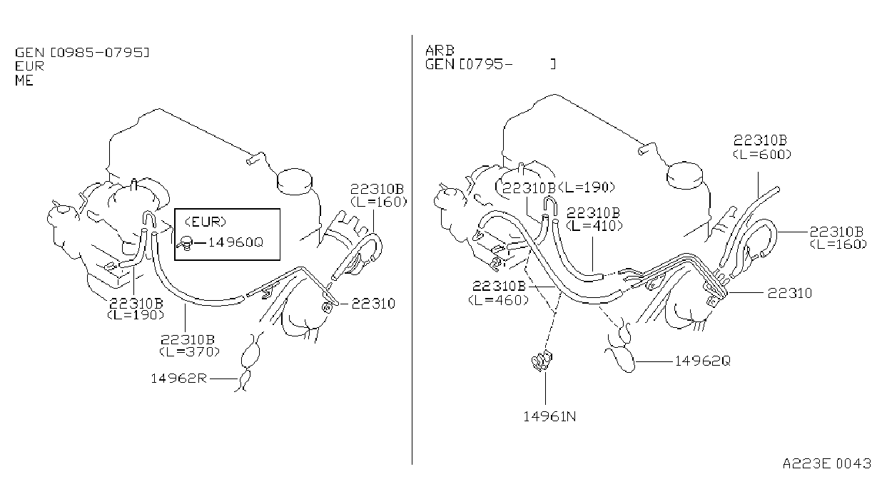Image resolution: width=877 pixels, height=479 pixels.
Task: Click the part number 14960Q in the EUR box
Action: (235, 242)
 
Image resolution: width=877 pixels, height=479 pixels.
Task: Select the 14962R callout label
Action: (178, 378)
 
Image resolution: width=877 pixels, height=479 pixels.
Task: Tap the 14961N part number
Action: (549, 416)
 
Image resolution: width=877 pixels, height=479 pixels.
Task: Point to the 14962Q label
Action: (702, 361)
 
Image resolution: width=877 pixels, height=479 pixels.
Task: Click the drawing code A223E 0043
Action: (826, 463)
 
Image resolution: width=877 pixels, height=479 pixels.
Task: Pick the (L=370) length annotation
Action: (190, 351)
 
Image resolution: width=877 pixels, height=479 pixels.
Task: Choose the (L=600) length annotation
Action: (762, 154)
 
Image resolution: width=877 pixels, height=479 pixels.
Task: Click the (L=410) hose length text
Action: (594, 226)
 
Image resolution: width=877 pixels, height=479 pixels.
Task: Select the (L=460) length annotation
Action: (498, 300)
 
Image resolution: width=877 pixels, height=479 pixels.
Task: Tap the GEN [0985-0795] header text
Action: (82, 53)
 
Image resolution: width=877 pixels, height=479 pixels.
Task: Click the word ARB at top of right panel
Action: (440, 51)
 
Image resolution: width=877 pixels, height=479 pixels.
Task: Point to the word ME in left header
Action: (24, 81)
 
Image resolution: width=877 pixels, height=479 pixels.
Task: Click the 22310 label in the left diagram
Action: (373, 304)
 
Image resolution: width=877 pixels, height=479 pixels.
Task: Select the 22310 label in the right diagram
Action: (790, 293)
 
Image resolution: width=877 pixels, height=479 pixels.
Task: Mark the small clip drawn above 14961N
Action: (542, 361)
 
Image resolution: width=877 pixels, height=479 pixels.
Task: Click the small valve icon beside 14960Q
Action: (186, 244)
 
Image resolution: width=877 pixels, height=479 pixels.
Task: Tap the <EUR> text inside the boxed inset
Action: (206, 222)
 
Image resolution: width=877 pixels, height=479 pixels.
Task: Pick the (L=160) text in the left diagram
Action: (379, 202)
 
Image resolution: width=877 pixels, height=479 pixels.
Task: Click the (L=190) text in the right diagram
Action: (587, 187)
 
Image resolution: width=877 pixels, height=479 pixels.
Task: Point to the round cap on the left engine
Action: (295, 182)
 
